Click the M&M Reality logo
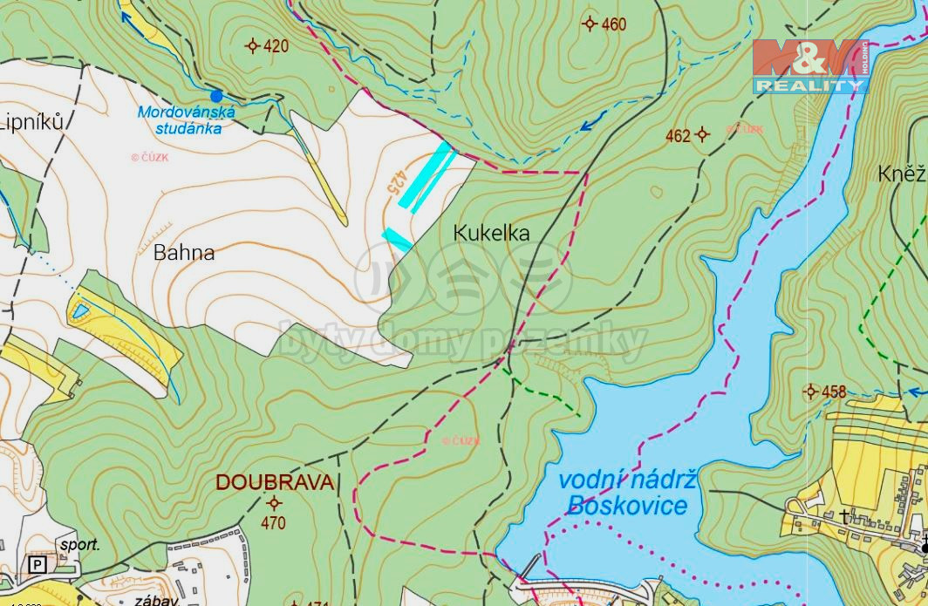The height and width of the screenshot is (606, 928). click(810, 66)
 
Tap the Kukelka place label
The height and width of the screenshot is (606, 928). click(491, 233)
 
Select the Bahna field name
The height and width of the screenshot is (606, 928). click(183, 253)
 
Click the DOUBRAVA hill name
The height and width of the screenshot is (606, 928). click(274, 482)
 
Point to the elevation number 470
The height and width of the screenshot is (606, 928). click(273, 523)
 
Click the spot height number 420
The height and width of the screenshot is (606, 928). click(276, 46)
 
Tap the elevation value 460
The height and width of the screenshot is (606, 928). click(613, 24)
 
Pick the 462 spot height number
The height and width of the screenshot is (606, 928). click(678, 135)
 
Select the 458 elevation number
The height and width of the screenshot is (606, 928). click(834, 392)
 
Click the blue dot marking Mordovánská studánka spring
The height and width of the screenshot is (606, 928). click(216, 95)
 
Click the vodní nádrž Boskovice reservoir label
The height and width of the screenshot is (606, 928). click(627, 493)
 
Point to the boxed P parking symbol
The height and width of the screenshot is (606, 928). click(38, 565)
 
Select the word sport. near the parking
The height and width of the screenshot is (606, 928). click(79, 545)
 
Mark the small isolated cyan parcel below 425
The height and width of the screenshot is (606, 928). click(397, 239)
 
